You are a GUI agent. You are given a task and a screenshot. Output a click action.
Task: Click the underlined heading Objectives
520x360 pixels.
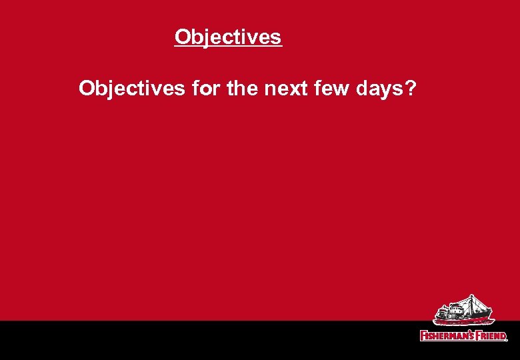(228, 37)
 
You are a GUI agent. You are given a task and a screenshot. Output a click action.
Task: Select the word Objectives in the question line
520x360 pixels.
(131, 89)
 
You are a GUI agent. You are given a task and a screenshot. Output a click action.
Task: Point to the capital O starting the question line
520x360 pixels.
(87, 88)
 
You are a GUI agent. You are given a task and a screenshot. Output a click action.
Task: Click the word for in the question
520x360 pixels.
(205, 88)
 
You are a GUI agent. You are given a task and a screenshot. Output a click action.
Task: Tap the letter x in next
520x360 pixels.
(287, 89)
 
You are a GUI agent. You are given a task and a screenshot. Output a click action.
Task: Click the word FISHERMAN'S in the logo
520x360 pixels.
(447, 335)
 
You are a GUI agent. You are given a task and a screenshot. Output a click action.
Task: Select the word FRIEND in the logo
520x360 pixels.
(491, 335)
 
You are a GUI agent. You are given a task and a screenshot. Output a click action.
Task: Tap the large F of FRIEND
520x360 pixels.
(477, 335)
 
